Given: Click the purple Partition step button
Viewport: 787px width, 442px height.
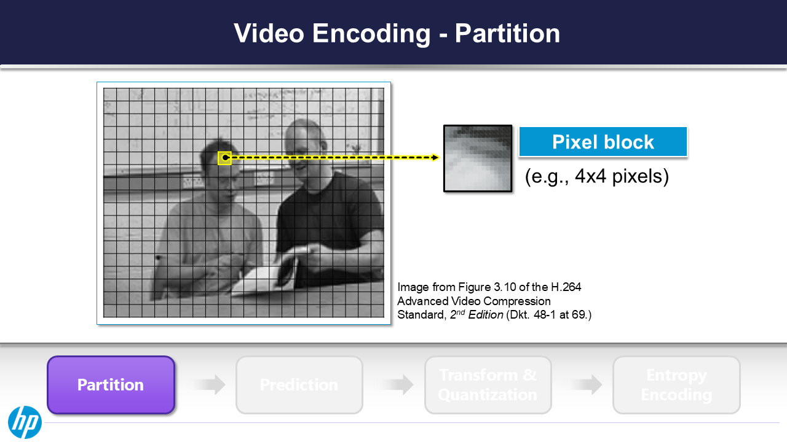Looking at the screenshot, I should pos(111,385).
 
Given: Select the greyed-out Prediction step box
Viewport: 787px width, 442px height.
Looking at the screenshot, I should pos(299,385).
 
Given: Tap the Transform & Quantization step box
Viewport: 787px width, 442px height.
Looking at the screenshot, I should pos(488,385).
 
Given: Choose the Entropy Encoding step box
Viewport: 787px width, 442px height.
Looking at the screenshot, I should pos(676,385).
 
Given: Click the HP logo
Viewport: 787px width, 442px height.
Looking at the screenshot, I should pos(25,422).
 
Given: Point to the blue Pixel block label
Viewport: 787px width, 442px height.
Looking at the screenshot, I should pos(603,142).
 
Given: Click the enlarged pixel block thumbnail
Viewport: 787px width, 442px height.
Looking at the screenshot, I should pos(477,158).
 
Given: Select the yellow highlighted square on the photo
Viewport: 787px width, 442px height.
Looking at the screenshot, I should pos(224,158).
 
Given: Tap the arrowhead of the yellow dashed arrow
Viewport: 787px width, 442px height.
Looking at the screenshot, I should pos(436,158).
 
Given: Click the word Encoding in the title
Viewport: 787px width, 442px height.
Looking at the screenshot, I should pos(371,33).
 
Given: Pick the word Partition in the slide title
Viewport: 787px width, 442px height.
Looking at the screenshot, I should pos(507,33).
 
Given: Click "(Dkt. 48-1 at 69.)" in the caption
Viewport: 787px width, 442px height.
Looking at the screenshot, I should pos(548,316).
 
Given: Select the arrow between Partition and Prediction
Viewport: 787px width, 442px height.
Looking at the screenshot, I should pos(207,385).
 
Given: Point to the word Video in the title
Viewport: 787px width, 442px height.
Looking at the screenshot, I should pos(269,33).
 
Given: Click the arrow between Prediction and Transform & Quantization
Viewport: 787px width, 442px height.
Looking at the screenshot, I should pos(395,385).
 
